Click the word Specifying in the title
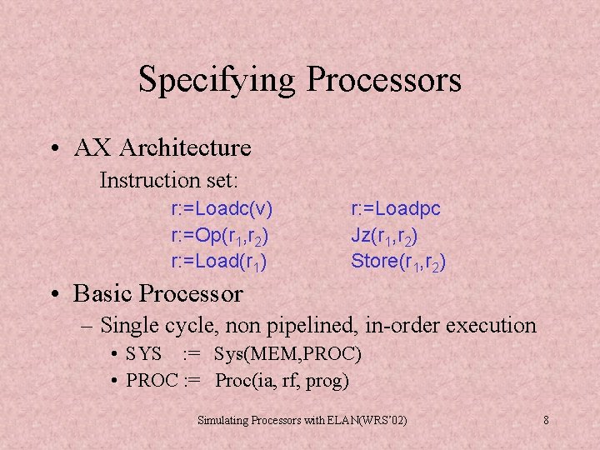(217, 81)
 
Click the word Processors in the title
(383, 80)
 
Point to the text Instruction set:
(169, 180)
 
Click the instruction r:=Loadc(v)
(222, 208)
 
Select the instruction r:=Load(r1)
(218, 262)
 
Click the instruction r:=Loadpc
(396, 208)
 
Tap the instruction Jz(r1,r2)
(384, 236)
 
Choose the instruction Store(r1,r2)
(398, 262)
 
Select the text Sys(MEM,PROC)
(287, 354)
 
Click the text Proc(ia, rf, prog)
(282, 381)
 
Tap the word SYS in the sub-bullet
(144, 354)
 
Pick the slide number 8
(546, 420)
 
